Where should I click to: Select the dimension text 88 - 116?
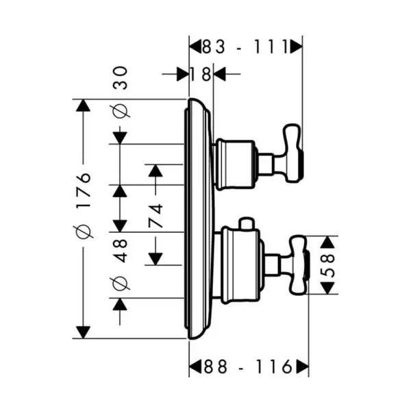(x=248, y=366)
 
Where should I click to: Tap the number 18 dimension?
(x=201, y=74)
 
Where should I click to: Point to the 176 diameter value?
(x=84, y=190)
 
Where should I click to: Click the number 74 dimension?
(x=155, y=216)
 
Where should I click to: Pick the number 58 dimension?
(x=328, y=265)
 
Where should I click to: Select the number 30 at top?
(x=121, y=78)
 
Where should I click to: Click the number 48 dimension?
(x=121, y=251)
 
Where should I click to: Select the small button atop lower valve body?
(x=247, y=223)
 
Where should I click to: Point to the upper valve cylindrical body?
(x=235, y=164)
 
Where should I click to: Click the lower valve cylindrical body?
(x=240, y=265)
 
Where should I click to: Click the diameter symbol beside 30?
(x=121, y=111)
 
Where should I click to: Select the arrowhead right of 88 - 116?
(x=302, y=366)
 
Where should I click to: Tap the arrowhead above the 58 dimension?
(x=328, y=242)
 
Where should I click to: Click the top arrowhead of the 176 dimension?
(x=83, y=105)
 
